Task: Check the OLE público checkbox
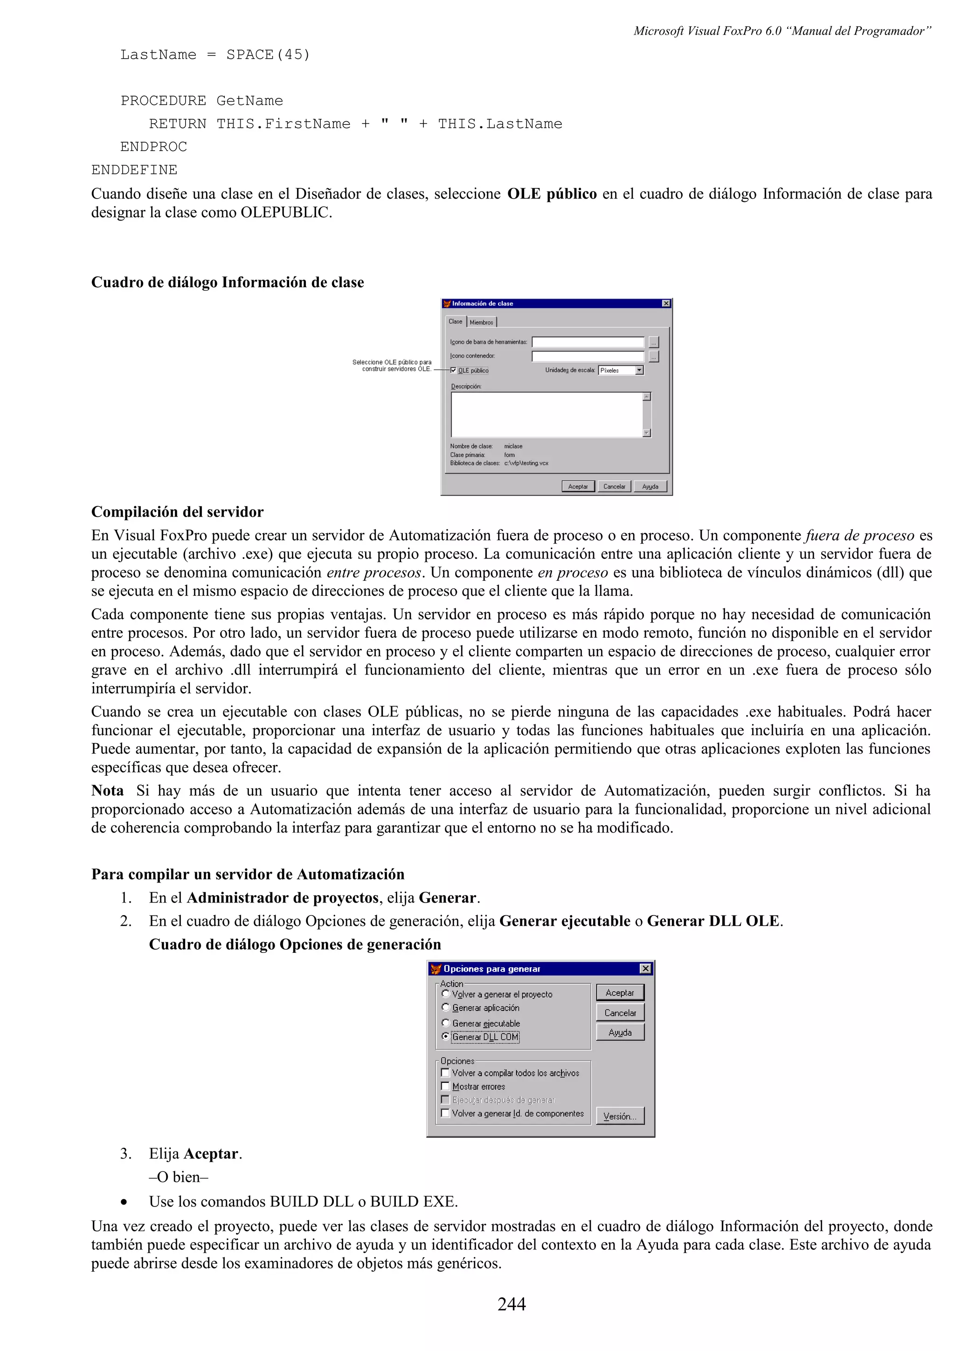click(454, 370)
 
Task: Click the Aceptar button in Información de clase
click(577, 486)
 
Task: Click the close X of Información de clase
click(665, 303)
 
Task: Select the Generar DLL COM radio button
click(445, 1036)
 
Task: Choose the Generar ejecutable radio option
click(445, 1023)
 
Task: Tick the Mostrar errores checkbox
click(445, 1086)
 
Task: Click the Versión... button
click(620, 1116)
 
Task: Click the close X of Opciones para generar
click(645, 969)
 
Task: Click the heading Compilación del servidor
click(177, 512)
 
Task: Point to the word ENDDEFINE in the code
click(134, 170)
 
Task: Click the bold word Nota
click(108, 790)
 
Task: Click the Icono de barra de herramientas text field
click(587, 342)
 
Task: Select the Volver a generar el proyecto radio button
click(445, 994)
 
